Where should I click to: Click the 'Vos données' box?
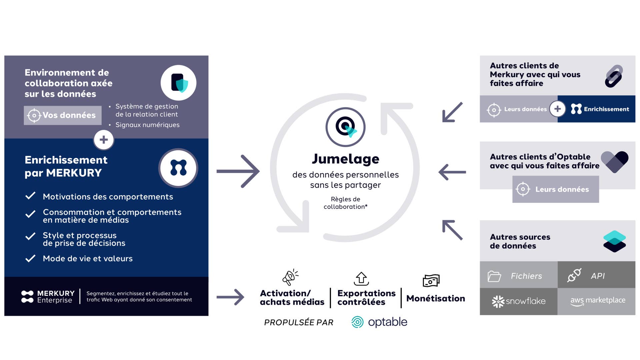63,115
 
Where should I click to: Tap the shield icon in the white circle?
179,83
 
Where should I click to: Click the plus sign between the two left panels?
104,140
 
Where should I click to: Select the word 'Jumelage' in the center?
345,159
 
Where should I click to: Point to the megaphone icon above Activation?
290,277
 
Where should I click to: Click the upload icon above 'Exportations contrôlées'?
361,279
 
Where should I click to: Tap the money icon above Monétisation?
431,281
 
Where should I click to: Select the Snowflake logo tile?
519,301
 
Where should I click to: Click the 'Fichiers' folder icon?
494,276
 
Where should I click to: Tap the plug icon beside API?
574,275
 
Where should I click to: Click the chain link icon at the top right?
614,76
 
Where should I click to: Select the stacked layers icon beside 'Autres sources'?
614,241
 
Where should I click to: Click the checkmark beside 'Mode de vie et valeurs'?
30,258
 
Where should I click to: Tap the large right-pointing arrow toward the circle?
238,171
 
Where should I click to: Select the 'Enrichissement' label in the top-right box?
606,109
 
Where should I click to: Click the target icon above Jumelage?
345,127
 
